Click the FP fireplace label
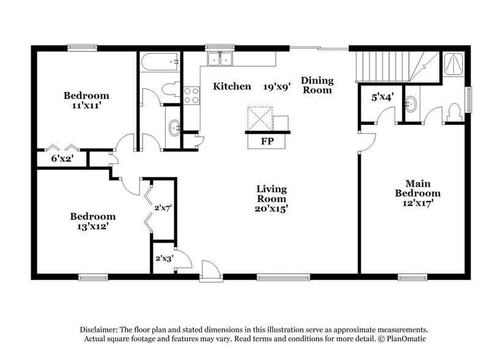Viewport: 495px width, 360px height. click(267, 141)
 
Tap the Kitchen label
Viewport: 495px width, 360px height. click(232, 86)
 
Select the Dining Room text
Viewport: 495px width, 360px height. click(316, 85)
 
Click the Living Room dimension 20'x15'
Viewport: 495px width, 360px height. click(272, 208)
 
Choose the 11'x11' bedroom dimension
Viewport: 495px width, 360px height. click(86, 105)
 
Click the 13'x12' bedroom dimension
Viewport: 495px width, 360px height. click(92, 226)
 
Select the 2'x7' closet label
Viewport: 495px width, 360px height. click(162, 208)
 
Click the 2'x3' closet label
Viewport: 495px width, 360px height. click(163, 258)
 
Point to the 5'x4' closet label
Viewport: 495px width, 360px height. click(382, 97)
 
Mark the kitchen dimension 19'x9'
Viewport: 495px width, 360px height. click(276, 86)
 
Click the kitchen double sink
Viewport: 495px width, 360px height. click(220, 59)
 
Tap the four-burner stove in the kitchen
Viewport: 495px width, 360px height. click(192, 95)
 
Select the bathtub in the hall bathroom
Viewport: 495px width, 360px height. click(160, 62)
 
